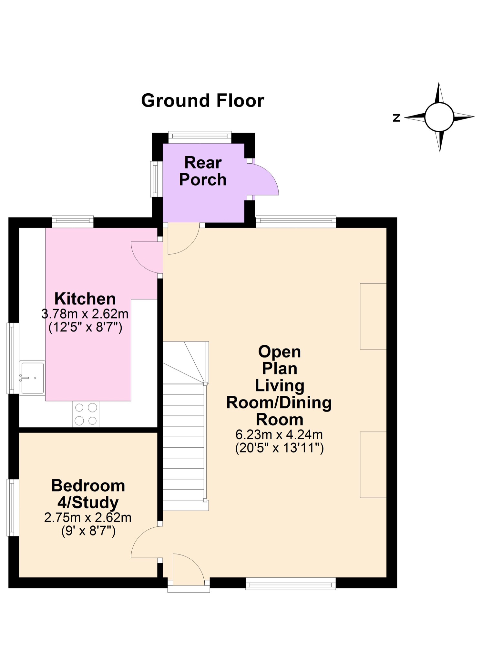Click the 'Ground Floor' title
tap(202, 100)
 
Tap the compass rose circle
tap(439, 117)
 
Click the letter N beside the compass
tap(396, 118)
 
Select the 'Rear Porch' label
tap(203, 171)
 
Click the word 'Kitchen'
tap(85, 299)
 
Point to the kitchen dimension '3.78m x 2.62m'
tap(85, 314)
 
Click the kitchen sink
tap(32, 378)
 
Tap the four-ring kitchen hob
tap(86, 414)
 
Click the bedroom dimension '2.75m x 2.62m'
tap(88, 517)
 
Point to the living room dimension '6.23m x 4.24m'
tap(279, 434)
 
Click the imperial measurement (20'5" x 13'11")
tap(279, 448)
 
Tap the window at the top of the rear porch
tap(200, 137)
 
